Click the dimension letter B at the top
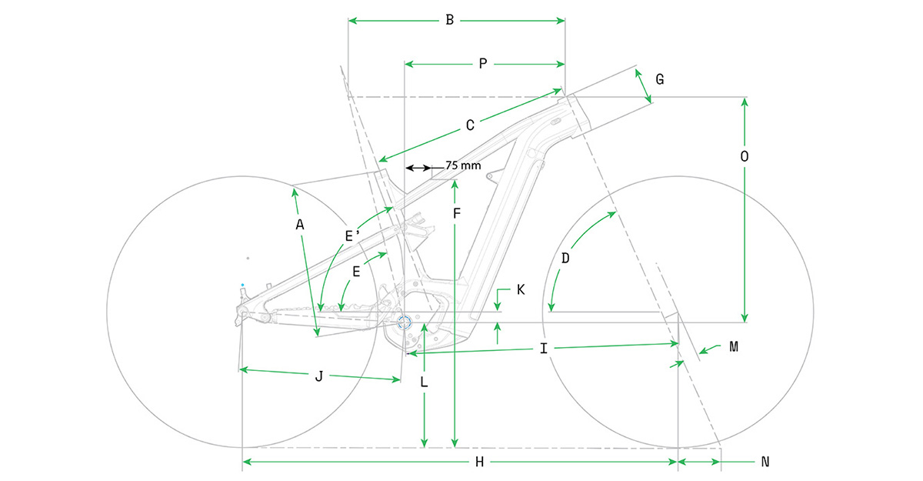[x=449, y=20]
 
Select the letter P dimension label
[x=483, y=64]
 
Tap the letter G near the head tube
[x=660, y=79]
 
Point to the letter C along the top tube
[x=470, y=125]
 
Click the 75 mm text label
[x=463, y=165]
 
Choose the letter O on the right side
[x=745, y=157]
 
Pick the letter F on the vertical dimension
[x=457, y=213]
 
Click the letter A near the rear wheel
[x=300, y=225]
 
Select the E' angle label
[x=352, y=236]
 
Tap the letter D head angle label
[x=565, y=259]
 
